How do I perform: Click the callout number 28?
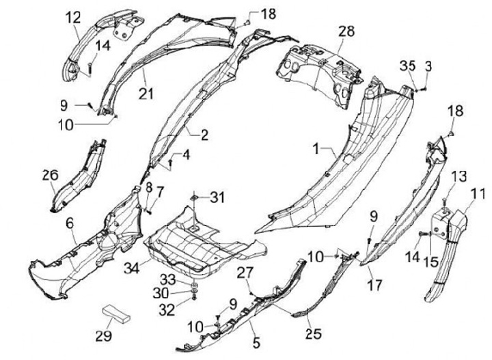point(346,31)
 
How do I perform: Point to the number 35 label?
point(407,66)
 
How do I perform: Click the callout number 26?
point(50,176)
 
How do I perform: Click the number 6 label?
point(70,223)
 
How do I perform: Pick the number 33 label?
point(167,279)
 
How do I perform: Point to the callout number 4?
point(186,156)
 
